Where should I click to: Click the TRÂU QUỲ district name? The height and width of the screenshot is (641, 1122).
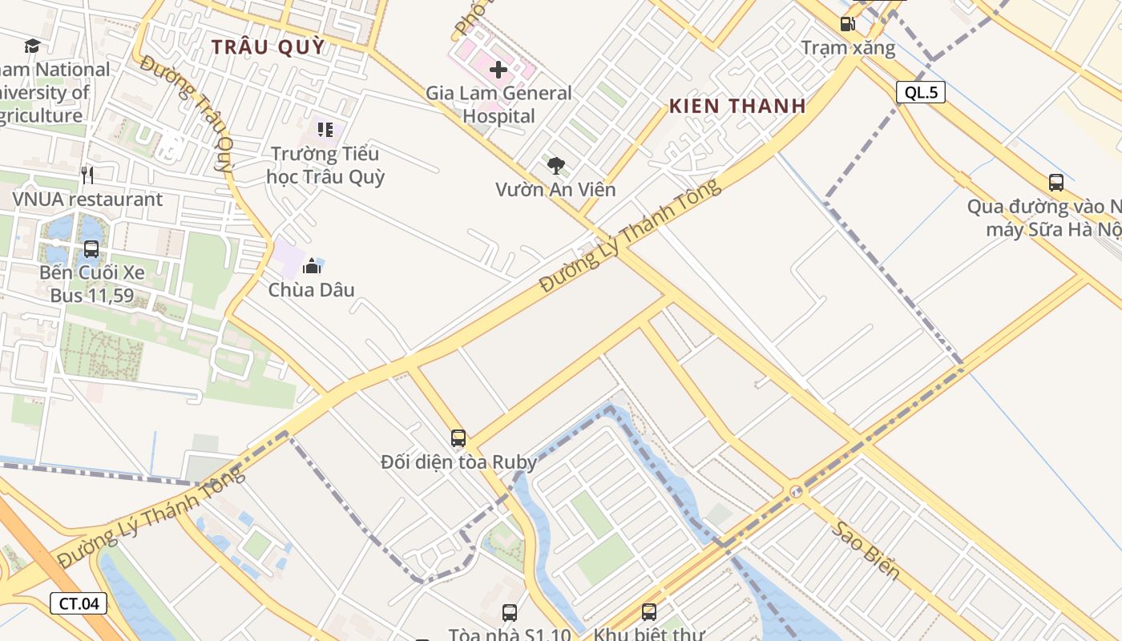coord(268,46)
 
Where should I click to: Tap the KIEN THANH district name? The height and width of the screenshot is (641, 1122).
coord(737,106)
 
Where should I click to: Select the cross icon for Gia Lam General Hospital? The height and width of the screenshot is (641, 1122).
coord(498,70)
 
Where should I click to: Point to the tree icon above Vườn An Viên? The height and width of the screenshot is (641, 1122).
coord(555,166)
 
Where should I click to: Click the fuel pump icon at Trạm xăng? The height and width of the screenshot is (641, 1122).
coord(847,24)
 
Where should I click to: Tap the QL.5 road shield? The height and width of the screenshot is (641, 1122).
coord(921,92)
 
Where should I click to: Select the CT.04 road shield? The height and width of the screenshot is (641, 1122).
coord(79,603)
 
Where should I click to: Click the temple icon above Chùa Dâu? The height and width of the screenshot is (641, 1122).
coord(312,266)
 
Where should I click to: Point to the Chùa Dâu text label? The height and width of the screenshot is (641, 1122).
coord(311,289)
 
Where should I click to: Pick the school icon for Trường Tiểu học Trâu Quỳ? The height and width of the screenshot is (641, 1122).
coord(325,129)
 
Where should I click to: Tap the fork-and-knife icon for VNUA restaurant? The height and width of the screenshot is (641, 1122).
coord(87,175)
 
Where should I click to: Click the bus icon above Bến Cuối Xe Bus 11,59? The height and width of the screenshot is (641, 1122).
coord(91,248)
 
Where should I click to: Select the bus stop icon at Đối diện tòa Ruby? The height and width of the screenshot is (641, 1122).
coord(458,437)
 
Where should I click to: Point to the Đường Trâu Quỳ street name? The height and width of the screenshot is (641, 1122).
coord(187,114)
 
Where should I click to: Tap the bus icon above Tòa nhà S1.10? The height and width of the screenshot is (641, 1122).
coord(510,613)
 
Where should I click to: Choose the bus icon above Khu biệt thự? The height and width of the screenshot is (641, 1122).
coord(649,613)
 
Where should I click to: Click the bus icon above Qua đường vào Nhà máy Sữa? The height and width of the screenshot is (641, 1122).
coord(1056,183)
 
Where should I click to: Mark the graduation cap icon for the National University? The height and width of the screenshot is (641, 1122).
coord(32,46)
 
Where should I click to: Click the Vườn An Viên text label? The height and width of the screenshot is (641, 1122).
coord(555,189)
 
